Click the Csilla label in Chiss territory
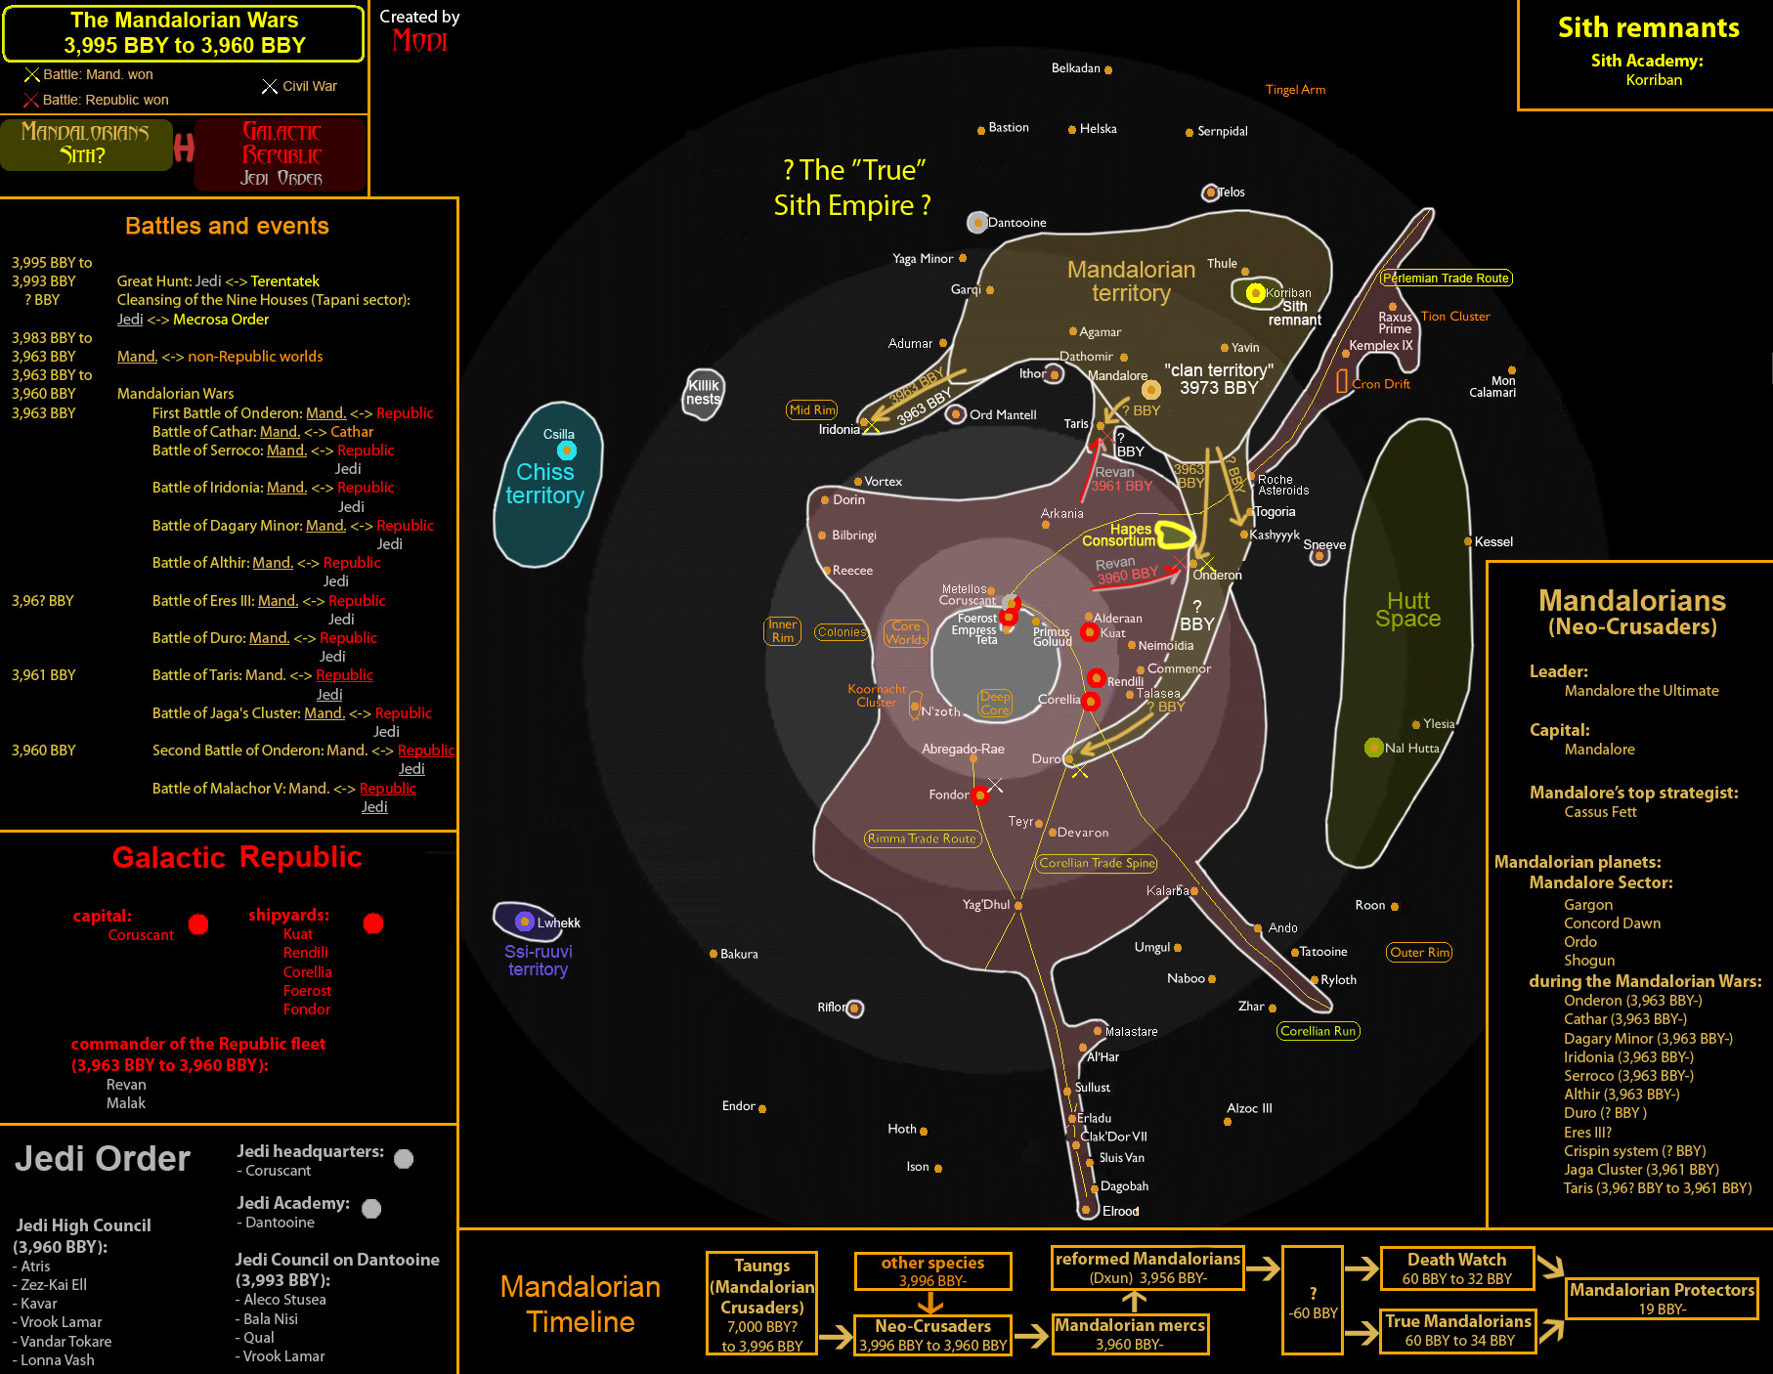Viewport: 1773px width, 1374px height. pos(559,434)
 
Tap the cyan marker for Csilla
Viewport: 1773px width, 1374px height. pos(567,451)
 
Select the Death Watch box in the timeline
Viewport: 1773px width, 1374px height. pos(1456,1268)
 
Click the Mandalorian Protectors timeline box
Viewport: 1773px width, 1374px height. pos(1662,1299)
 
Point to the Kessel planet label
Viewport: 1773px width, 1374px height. pos(1493,541)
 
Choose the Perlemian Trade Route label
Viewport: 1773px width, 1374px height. pos(1447,279)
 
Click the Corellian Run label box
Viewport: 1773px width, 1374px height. pos(1318,1031)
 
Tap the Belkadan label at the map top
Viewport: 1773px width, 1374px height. pos(1075,68)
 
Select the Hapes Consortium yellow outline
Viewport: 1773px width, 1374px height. pos(1175,534)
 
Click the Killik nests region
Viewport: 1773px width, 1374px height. pos(703,393)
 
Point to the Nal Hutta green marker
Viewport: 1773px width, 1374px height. pos(1373,748)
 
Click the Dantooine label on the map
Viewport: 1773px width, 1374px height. pos(1016,223)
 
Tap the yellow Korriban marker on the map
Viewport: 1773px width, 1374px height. pos(1256,292)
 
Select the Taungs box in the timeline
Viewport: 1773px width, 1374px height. pos(761,1305)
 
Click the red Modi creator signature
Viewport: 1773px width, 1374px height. pos(419,41)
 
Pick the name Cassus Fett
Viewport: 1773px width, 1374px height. pos(1600,812)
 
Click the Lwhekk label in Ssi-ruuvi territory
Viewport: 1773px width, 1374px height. pos(558,923)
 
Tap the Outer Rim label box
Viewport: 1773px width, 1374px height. pos(1419,953)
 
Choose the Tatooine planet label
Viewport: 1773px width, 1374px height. pos(1323,952)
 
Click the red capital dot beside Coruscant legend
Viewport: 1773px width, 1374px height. pos(198,924)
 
